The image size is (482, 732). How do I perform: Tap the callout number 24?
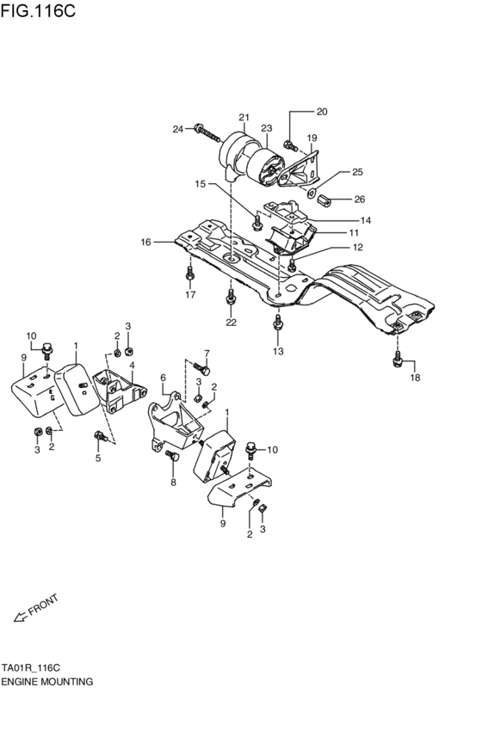click(178, 130)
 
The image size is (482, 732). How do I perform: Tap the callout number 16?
click(145, 243)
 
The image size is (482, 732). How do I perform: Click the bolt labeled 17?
click(189, 274)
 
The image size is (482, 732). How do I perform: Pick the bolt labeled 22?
click(230, 298)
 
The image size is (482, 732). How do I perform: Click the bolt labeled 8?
click(172, 459)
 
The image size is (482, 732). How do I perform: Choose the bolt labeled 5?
click(102, 436)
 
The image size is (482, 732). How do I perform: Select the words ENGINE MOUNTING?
click(46, 680)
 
